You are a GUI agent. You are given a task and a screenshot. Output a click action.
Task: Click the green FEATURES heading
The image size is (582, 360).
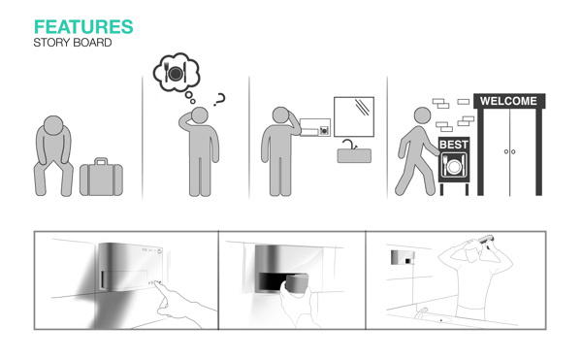pos(83,27)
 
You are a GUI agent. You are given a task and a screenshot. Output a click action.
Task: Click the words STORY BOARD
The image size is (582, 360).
pos(73,43)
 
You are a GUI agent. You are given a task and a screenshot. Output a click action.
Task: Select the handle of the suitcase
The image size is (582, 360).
pos(101,161)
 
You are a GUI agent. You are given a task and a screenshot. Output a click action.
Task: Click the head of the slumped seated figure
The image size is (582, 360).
pos(53,125)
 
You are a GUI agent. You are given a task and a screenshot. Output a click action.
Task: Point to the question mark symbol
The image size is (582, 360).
pos(219,100)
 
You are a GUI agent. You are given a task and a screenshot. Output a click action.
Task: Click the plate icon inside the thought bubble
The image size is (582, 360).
pos(176,74)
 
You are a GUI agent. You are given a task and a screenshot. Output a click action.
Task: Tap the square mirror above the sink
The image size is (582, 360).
pos(354,116)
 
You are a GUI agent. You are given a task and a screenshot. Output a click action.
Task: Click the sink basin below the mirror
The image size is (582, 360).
pos(354,156)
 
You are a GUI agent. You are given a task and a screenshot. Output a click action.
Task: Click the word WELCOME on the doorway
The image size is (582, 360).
pos(508,101)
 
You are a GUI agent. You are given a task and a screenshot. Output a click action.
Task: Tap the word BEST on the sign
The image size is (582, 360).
pos(454,145)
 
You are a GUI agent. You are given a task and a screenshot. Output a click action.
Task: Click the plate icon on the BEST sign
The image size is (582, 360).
pos(453,166)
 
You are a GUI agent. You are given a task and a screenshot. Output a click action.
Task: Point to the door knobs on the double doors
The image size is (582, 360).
pos(509,151)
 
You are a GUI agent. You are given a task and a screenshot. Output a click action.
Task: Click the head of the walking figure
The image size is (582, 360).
pos(422,115)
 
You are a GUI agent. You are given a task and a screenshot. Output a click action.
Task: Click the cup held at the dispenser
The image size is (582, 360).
pos(296,284)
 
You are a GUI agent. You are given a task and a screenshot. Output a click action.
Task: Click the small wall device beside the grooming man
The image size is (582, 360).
pos(403,257)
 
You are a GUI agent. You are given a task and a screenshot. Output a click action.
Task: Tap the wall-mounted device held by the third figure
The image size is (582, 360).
pos(314,127)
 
